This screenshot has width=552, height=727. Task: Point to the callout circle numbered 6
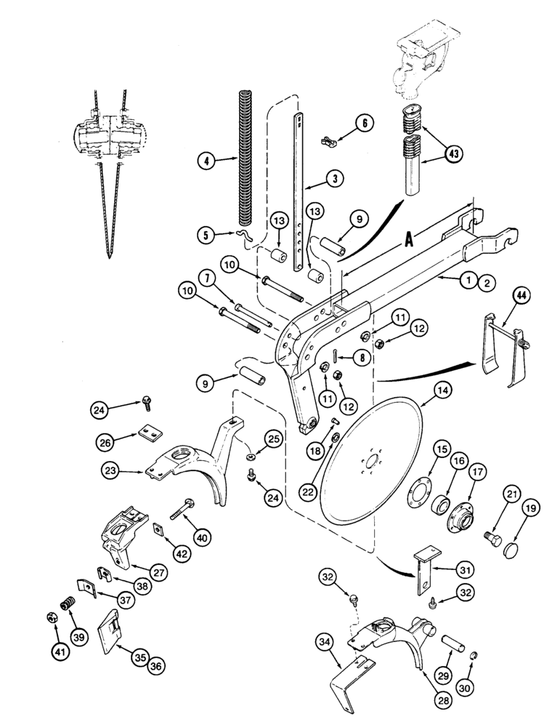click(365, 124)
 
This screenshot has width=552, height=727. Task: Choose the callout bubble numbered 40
click(202, 539)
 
